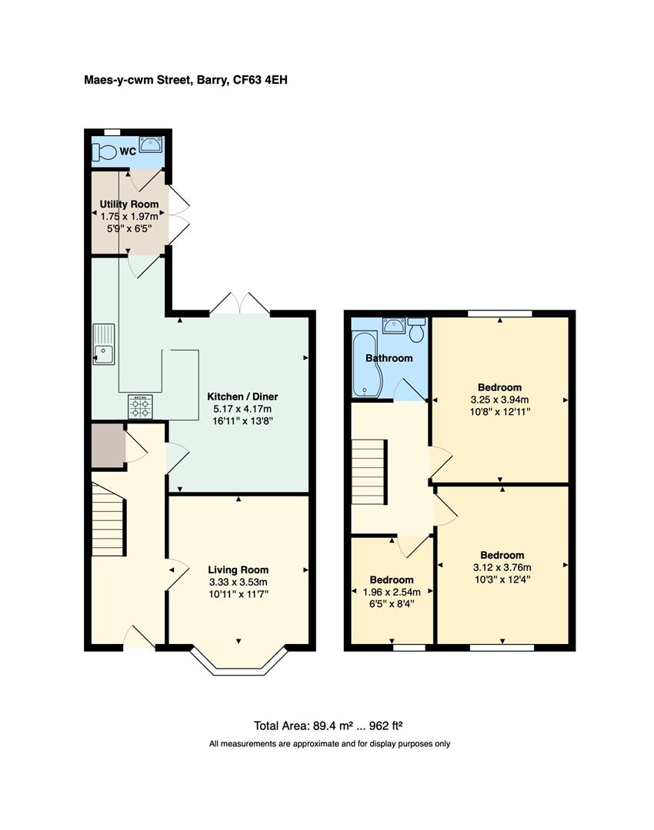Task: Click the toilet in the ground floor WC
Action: point(103,152)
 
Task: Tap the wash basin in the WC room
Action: point(150,144)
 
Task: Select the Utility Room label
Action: point(129,204)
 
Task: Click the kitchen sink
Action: point(103,344)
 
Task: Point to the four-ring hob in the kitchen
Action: point(139,406)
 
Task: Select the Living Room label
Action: point(239,569)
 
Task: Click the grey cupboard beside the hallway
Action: point(107,445)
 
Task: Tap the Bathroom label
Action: point(389,358)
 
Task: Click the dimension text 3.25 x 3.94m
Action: point(500,400)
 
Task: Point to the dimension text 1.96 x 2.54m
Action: point(392,592)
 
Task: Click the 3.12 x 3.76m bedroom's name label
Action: point(502,555)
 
